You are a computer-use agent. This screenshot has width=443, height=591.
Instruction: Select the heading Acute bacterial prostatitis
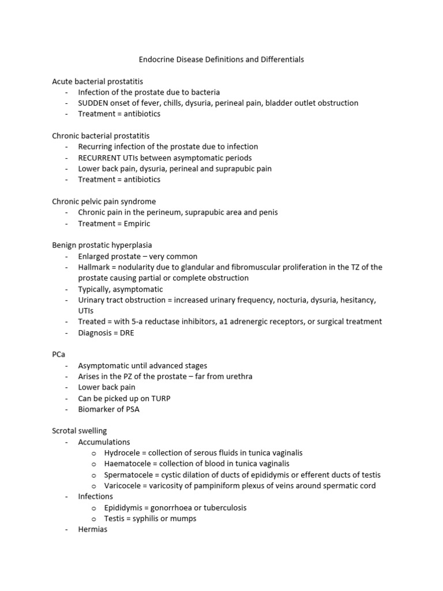tap(97, 81)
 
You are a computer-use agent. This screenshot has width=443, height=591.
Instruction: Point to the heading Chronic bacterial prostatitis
tap(100, 136)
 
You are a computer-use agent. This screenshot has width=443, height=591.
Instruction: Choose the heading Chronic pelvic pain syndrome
tap(104, 202)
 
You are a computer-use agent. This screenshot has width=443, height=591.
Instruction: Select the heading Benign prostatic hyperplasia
tap(102, 245)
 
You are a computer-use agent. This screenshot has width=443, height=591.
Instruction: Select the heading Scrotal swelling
tap(79, 431)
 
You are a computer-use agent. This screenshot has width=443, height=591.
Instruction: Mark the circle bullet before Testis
tap(93, 519)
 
